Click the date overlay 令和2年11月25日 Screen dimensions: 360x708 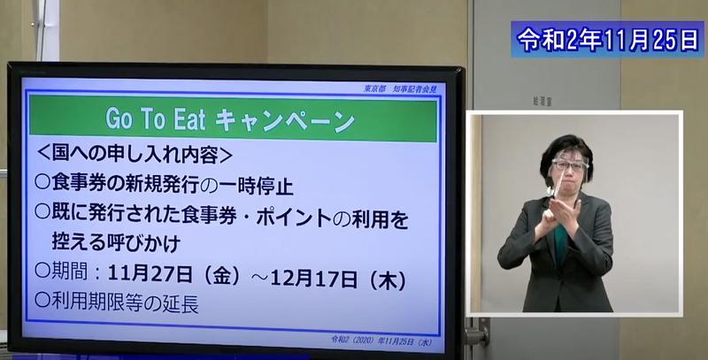click(x=606, y=40)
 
